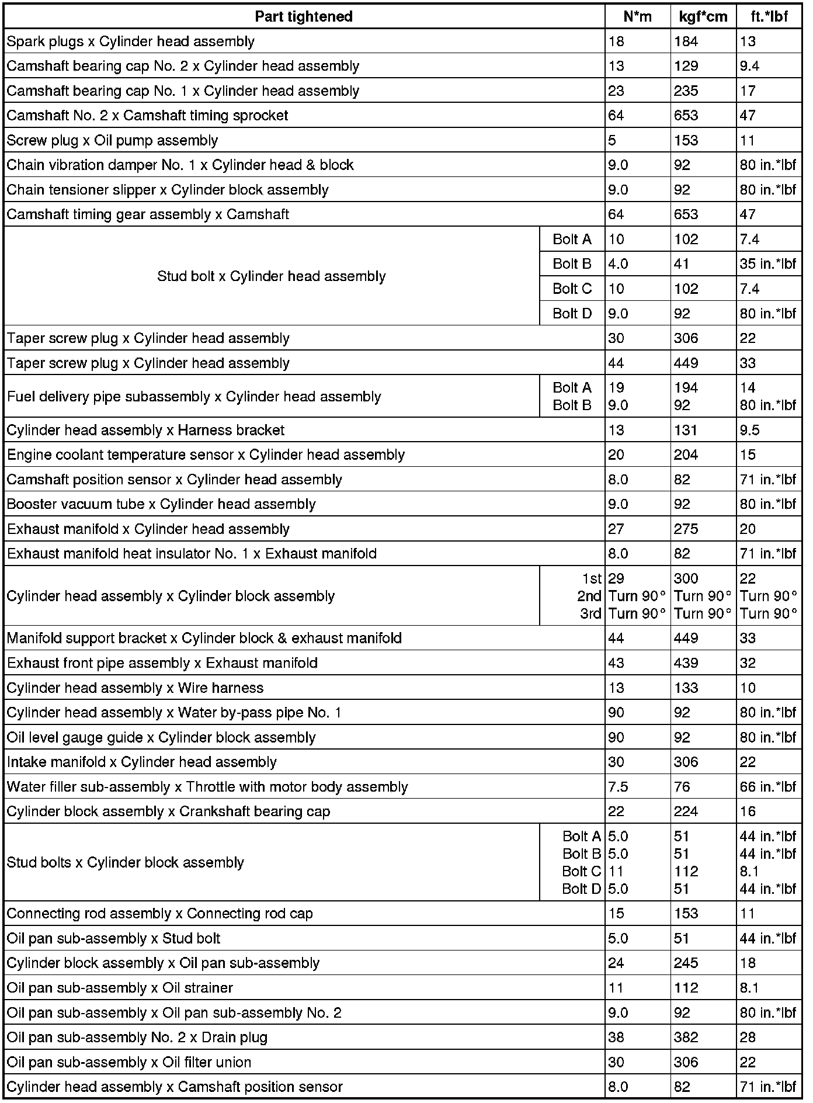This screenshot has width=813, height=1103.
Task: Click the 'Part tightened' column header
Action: [x=304, y=16]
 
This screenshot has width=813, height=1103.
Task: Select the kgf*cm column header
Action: [x=703, y=16]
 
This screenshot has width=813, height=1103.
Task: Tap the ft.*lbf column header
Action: [x=769, y=16]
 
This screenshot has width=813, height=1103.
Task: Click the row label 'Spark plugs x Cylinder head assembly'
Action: [x=131, y=41]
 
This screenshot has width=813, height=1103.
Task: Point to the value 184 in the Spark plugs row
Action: [x=686, y=41]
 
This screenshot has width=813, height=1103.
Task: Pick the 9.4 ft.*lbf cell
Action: [x=749, y=66]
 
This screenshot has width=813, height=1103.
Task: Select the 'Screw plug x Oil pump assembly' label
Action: [x=112, y=140]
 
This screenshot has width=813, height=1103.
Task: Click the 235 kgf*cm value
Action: [x=686, y=91]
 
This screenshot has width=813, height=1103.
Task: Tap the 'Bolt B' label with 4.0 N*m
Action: [x=572, y=264]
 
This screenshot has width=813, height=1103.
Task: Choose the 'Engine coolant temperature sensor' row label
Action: [x=206, y=455]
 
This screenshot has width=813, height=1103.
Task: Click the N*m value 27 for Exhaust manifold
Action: [x=616, y=529]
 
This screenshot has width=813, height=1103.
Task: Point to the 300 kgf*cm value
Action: [x=686, y=578]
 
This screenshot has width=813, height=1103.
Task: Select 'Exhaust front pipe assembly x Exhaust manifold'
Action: [x=162, y=663]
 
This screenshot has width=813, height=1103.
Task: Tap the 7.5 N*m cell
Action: [x=618, y=787]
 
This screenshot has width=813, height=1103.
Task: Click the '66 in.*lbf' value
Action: [x=767, y=787]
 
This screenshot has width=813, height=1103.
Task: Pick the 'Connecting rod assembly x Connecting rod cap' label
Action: [x=159, y=914]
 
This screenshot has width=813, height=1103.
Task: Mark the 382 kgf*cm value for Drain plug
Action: [x=686, y=1038]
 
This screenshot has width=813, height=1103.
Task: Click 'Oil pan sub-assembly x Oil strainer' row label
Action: [x=120, y=988]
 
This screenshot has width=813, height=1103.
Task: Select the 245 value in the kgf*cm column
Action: [x=686, y=963]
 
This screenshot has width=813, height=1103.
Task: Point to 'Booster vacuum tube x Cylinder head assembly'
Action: [x=161, y=504]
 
